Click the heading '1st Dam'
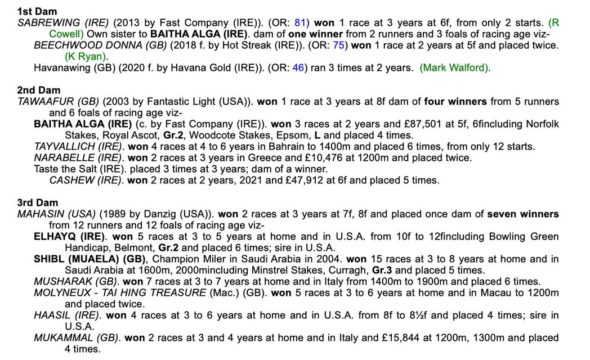pos(37,11)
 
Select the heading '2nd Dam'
pos(38,90)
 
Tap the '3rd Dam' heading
pos(38,202)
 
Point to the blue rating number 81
pos(300,22)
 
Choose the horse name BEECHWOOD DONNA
pos(90,45)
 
